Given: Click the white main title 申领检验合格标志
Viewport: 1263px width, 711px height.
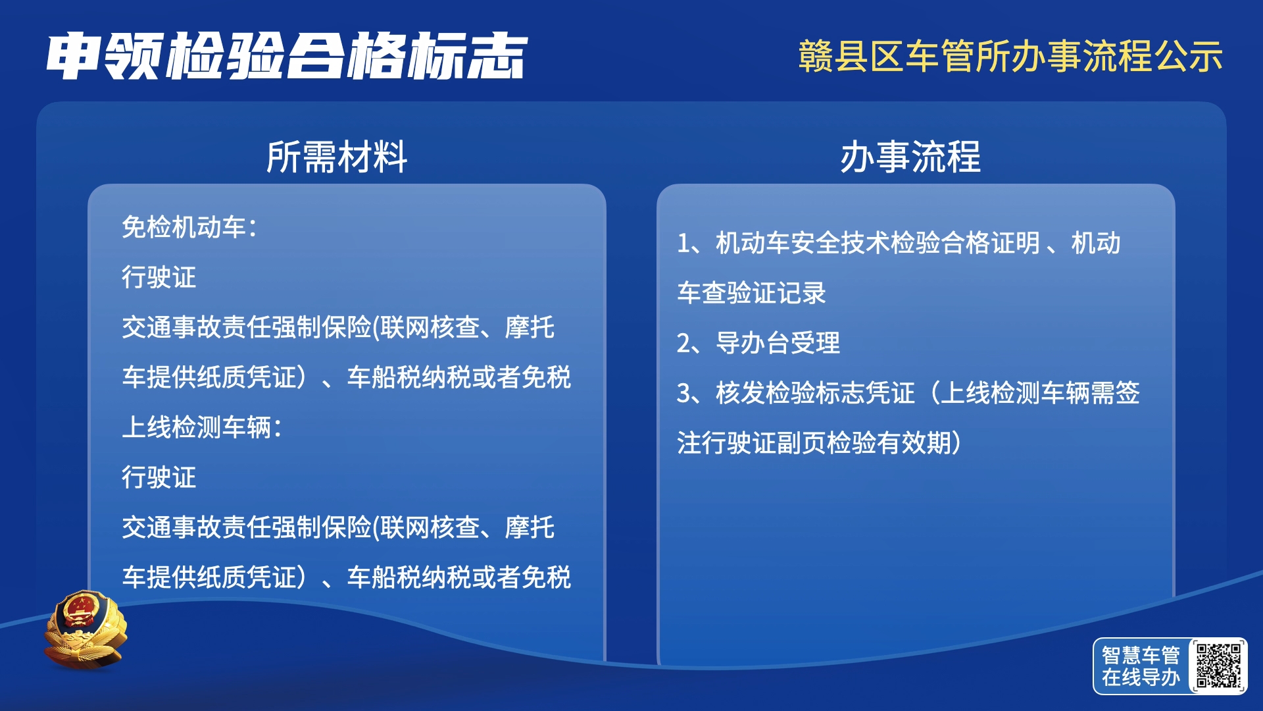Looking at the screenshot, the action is (287, 57).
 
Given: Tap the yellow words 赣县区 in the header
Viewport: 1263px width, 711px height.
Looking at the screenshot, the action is (851, 56).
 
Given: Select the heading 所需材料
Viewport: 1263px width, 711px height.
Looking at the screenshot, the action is (337, 157).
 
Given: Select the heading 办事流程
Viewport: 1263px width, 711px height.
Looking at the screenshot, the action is (910, 157).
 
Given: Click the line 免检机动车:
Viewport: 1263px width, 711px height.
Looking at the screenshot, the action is (189, 227).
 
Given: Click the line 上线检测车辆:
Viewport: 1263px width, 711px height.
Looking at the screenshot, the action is (202, 427).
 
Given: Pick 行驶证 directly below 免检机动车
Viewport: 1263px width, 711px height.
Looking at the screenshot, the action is (159, 277).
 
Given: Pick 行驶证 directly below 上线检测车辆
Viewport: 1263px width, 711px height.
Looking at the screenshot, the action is (159, 477).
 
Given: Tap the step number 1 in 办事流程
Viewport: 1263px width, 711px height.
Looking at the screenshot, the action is (683, 244).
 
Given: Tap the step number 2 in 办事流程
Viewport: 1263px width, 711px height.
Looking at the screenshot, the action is (684, 344).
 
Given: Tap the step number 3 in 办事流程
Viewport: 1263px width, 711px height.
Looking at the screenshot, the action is (684, 394).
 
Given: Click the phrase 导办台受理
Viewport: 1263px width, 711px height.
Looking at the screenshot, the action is (778, 343).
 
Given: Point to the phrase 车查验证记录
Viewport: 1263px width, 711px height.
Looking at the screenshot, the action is (752, 293).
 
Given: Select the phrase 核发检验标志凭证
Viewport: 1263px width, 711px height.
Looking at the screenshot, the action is (816, 393).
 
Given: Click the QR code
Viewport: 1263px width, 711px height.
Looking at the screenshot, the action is (1218, 666).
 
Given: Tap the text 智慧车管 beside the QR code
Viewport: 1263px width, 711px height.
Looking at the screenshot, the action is (1141, 655).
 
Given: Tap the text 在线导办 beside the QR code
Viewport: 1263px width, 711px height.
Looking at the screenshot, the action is (1141, 677).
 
